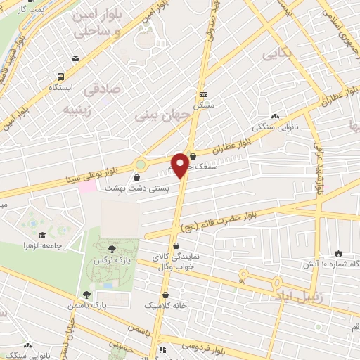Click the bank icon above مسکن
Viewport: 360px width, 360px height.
tap(204, 94)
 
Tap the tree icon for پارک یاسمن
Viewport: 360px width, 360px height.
tap(86, 295)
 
